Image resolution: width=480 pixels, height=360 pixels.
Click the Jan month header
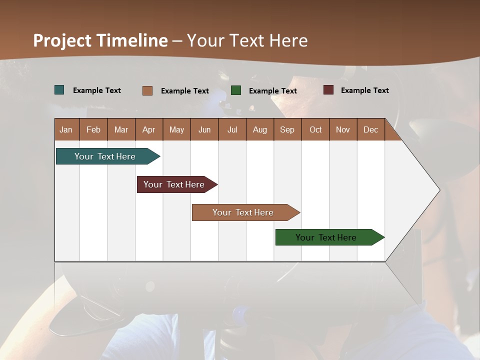(66, 129)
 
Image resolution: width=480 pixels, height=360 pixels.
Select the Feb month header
(93, 129)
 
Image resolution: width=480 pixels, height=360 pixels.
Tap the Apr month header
(148, 129)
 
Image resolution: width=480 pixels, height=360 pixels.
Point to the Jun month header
(204, 129)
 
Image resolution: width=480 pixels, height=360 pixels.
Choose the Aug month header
(259, 129)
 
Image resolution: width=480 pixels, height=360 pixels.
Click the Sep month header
(287, 129)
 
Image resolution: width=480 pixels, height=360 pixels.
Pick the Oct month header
(315, 129)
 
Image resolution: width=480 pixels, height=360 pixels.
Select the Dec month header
(370, 129)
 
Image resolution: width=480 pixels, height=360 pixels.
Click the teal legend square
(59, 90)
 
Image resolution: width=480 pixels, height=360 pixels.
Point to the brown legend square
(147, 90)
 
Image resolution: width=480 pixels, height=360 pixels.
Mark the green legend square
(236, 90)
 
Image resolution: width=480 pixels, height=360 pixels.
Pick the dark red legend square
(328, 90)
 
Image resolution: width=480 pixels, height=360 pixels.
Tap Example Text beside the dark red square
(364, 90)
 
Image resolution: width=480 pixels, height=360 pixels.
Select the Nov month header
(342, 129)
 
